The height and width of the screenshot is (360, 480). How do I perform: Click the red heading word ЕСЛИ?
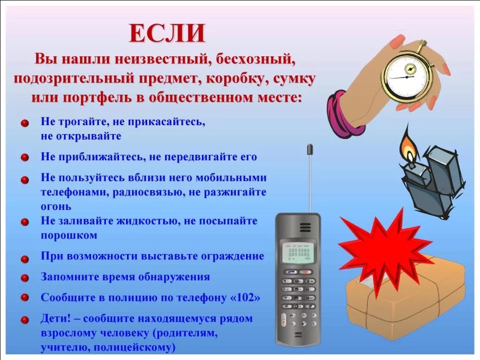click(167, 33)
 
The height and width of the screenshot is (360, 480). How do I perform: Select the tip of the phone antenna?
click(310, 145)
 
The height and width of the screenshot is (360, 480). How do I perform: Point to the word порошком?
click(69, 235)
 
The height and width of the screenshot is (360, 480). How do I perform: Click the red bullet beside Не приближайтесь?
click(25, 157)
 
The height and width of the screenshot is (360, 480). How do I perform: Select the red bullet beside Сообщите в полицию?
click(25, 297)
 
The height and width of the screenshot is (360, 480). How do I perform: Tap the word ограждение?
click(232, 256)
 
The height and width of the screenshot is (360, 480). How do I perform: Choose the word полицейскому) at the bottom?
click(135, 347)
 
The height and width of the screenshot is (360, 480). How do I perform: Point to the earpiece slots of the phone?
click(305, 228)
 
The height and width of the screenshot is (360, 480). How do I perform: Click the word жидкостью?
click(147, 221)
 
